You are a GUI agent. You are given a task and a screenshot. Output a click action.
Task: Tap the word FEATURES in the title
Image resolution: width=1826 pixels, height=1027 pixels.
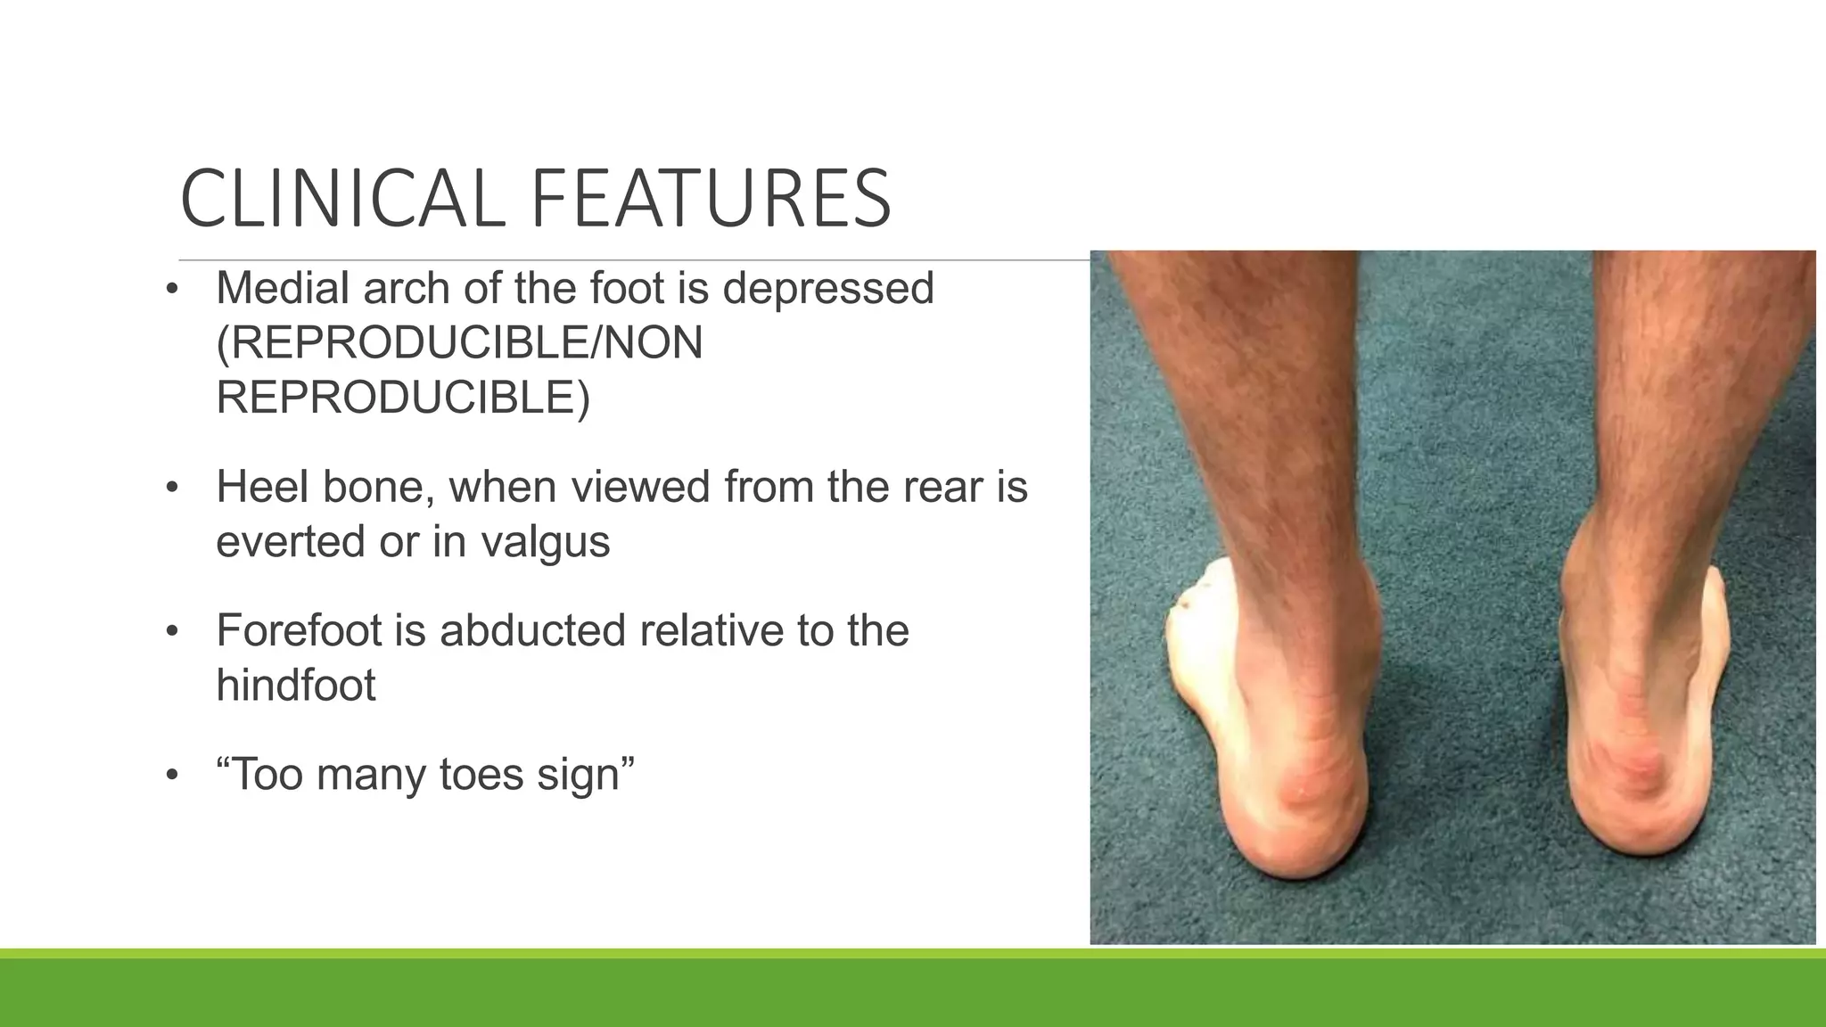click(x=711, y=199)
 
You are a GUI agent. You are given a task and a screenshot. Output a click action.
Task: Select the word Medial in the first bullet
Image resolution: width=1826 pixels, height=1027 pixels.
click(x=284, y=288)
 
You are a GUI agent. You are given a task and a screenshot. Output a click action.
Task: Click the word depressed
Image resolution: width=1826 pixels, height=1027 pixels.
click(x=827, y=288)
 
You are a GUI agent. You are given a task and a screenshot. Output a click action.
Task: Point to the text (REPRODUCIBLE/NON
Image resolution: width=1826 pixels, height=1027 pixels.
click(x=459, y=343)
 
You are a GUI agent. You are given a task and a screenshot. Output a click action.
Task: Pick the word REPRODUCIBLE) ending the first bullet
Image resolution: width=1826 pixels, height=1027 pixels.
click(x=403, y=398)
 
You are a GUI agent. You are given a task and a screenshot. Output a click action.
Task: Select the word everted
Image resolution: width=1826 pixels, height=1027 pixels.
click(x=291, y=541)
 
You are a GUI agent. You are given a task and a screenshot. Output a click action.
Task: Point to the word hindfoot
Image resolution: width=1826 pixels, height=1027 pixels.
click(x=296, y=685)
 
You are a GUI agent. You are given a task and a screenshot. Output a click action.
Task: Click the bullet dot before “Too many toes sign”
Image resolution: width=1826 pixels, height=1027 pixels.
click(x=172, y=775)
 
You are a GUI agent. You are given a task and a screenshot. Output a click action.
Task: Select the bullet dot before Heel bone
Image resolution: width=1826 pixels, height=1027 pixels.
click(x=172, y=488)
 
